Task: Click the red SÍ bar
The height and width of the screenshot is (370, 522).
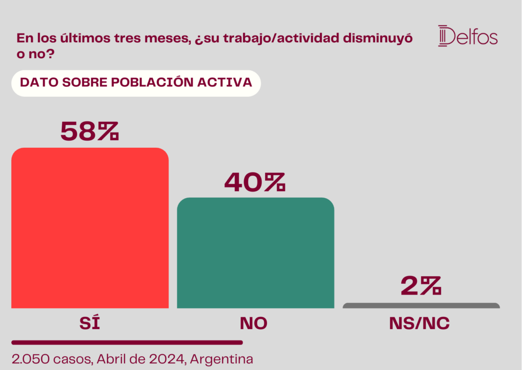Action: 90,228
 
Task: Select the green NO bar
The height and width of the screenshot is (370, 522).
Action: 255,253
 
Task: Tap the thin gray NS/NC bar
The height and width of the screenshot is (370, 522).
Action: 421,305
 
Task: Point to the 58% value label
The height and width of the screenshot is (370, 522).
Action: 90,131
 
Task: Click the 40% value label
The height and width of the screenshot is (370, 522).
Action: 255,182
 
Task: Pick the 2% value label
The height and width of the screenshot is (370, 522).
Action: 421,286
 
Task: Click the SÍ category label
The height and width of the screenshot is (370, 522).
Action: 90,322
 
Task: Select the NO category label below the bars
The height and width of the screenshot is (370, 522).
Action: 254,323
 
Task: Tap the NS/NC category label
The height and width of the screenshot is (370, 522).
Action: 420,323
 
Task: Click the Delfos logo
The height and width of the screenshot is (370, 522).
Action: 468,36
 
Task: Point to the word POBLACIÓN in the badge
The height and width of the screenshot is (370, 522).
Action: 152,82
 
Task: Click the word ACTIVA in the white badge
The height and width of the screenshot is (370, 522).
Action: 225,82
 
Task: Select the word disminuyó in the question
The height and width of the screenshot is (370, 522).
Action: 378,38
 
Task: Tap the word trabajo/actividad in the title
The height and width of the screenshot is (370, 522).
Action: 281,38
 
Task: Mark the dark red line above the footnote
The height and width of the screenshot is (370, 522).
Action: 127,342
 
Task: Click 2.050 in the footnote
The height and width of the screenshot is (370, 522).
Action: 31,359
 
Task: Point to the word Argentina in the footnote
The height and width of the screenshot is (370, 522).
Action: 221,359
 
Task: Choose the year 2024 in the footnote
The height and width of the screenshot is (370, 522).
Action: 167,359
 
